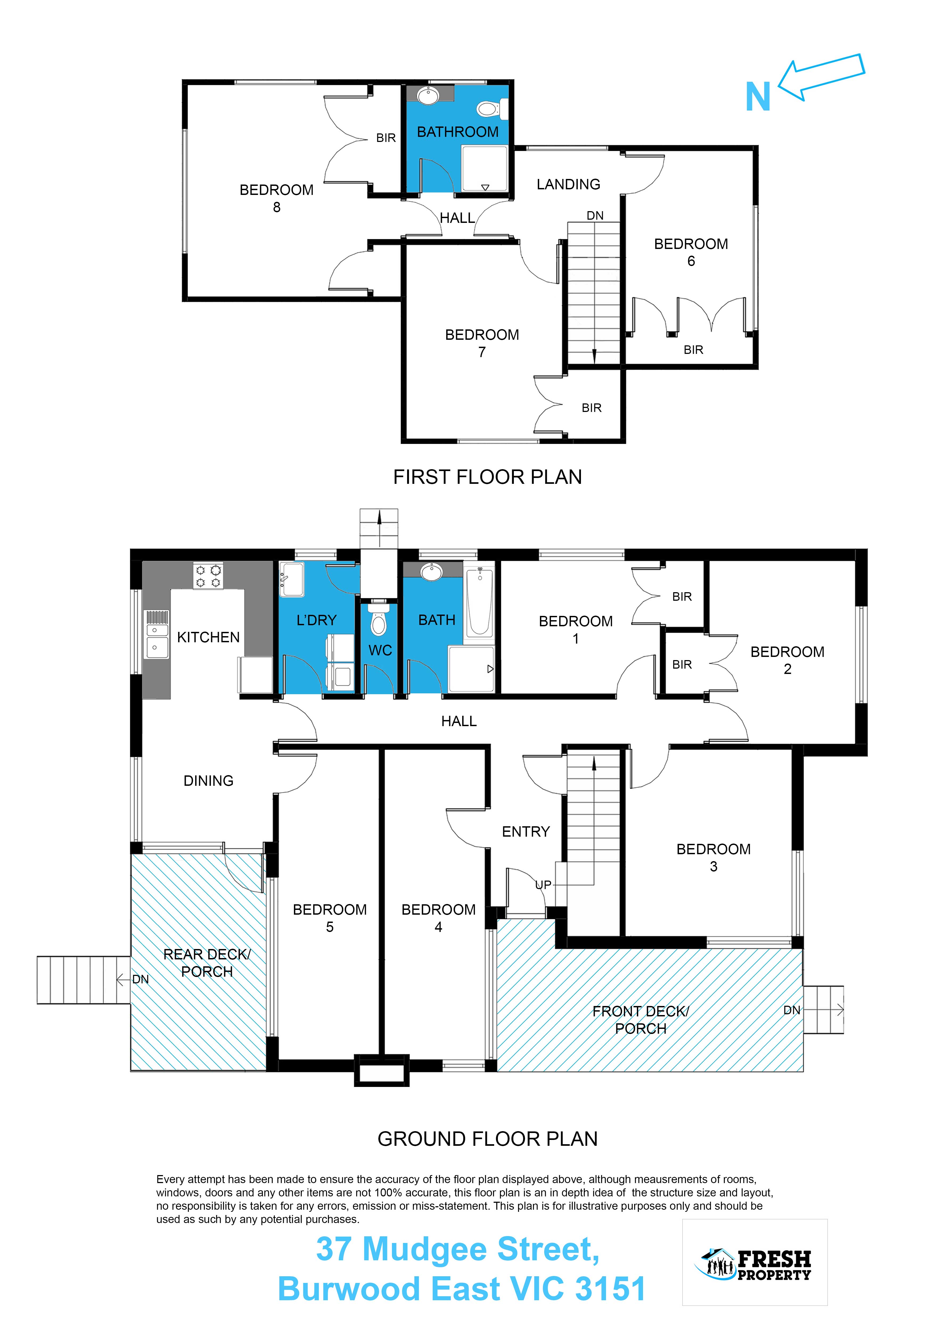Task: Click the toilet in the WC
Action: [378, 619]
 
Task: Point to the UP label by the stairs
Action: [543, 885]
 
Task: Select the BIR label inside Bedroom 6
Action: [693, 350]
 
